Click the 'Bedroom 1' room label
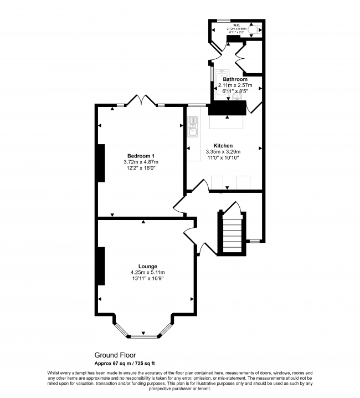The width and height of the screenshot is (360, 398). coord(141,155)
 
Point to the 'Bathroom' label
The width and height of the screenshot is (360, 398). coord(235,79)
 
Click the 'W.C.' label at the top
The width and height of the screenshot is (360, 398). coord(236,25)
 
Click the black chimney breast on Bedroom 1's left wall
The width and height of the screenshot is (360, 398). coord(101,163)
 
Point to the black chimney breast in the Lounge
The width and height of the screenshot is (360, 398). coord(101,266)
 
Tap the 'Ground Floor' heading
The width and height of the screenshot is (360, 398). coord(115,355)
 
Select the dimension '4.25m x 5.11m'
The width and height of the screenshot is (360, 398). coord(148,272)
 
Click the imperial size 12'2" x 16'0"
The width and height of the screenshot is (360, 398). coord(141,168)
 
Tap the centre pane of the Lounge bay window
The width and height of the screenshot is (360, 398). coord(143,336)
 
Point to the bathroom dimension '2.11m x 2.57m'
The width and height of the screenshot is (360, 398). coord(235,85)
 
